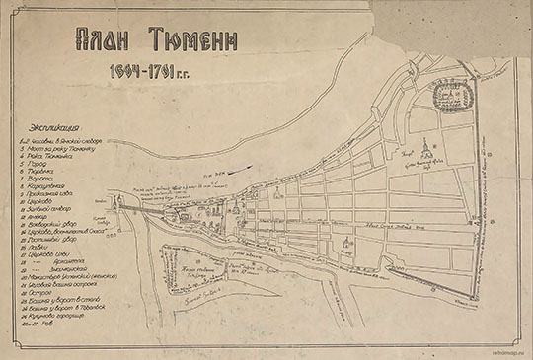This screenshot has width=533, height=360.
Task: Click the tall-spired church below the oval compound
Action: click(425, 149)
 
